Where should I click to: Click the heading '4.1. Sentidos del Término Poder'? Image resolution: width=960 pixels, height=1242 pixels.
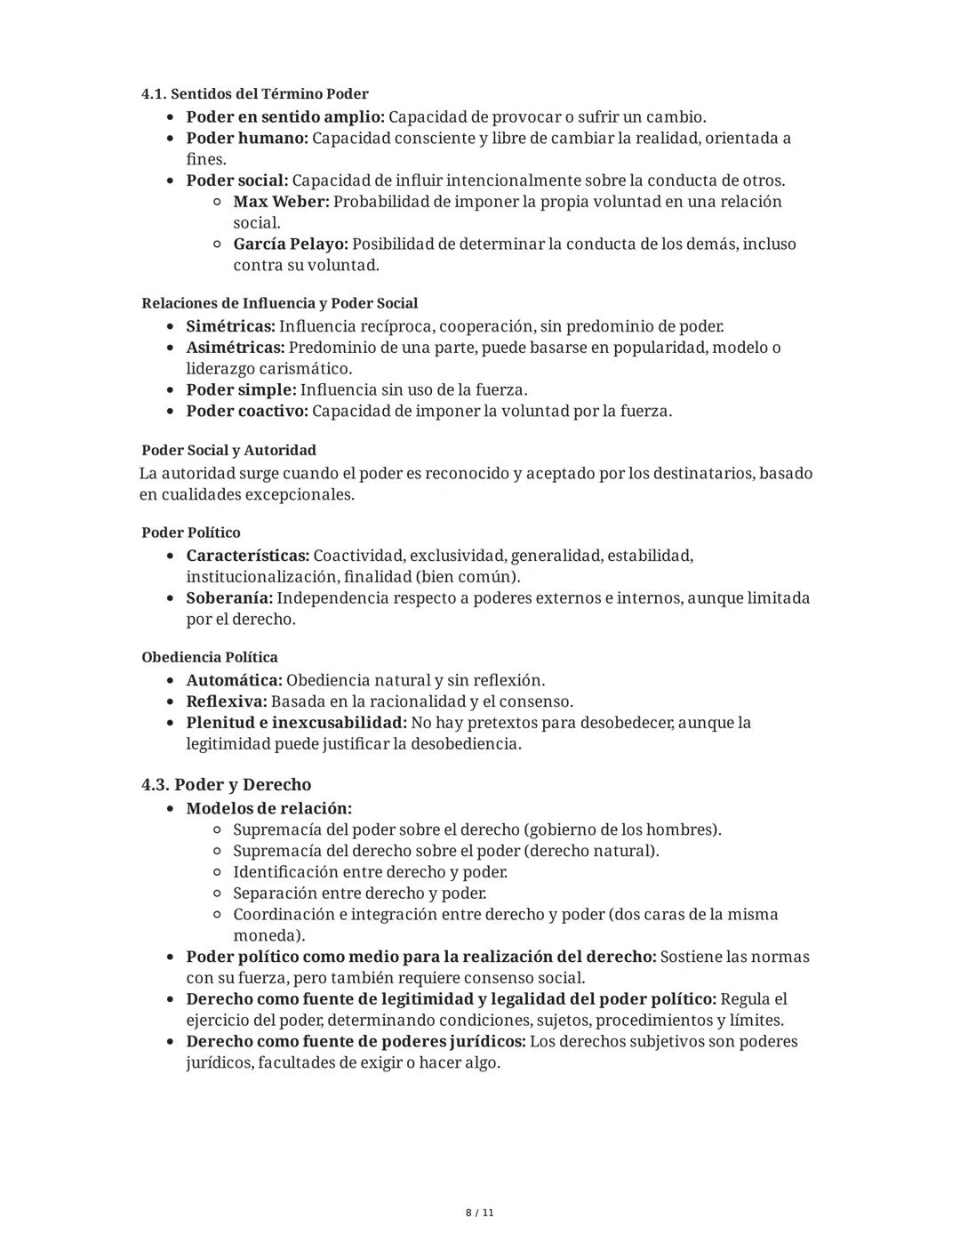click(x=254, y=94)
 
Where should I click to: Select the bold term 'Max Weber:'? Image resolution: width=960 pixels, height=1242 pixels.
click(x=281, y=202)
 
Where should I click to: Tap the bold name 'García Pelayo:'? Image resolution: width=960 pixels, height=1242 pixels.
click(x=290, y=244)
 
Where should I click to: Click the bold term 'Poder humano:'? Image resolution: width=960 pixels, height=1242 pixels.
click(x=246, y=139)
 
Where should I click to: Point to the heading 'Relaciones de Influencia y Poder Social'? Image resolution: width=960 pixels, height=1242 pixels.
click(x=279, y=303)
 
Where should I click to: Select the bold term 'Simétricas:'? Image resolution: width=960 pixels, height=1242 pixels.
click(x=230, y=326)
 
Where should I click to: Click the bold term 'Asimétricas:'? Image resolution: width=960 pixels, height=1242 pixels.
click(x=235, y=348)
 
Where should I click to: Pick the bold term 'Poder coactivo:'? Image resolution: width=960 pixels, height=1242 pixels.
click(x=246, y=412)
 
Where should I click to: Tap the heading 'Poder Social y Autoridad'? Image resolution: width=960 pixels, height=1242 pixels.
click(x=228, y=451)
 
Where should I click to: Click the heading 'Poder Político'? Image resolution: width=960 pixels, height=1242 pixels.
click(x=190, y=533)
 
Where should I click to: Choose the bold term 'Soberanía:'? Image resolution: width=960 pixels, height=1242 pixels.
click(x=228, y=598)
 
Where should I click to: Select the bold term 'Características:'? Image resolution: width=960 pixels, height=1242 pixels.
click(x=247, y=556)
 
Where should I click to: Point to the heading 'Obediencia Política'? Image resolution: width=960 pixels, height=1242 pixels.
click(x=209, y=657)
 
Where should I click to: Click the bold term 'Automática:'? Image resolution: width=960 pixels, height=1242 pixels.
click(x=234, y=680)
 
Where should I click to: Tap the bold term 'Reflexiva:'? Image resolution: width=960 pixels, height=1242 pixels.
click(x=226, y=701)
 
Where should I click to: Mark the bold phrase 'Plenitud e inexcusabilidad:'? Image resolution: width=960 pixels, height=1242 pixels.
click(x=296, y=723)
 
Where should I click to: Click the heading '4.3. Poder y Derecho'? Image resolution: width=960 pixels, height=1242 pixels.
click(x=226, y=784)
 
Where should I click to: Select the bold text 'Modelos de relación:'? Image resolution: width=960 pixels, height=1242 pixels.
click(x=268, y=808)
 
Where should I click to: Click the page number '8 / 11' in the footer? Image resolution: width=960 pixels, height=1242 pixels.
click(x=480, y=1213)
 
